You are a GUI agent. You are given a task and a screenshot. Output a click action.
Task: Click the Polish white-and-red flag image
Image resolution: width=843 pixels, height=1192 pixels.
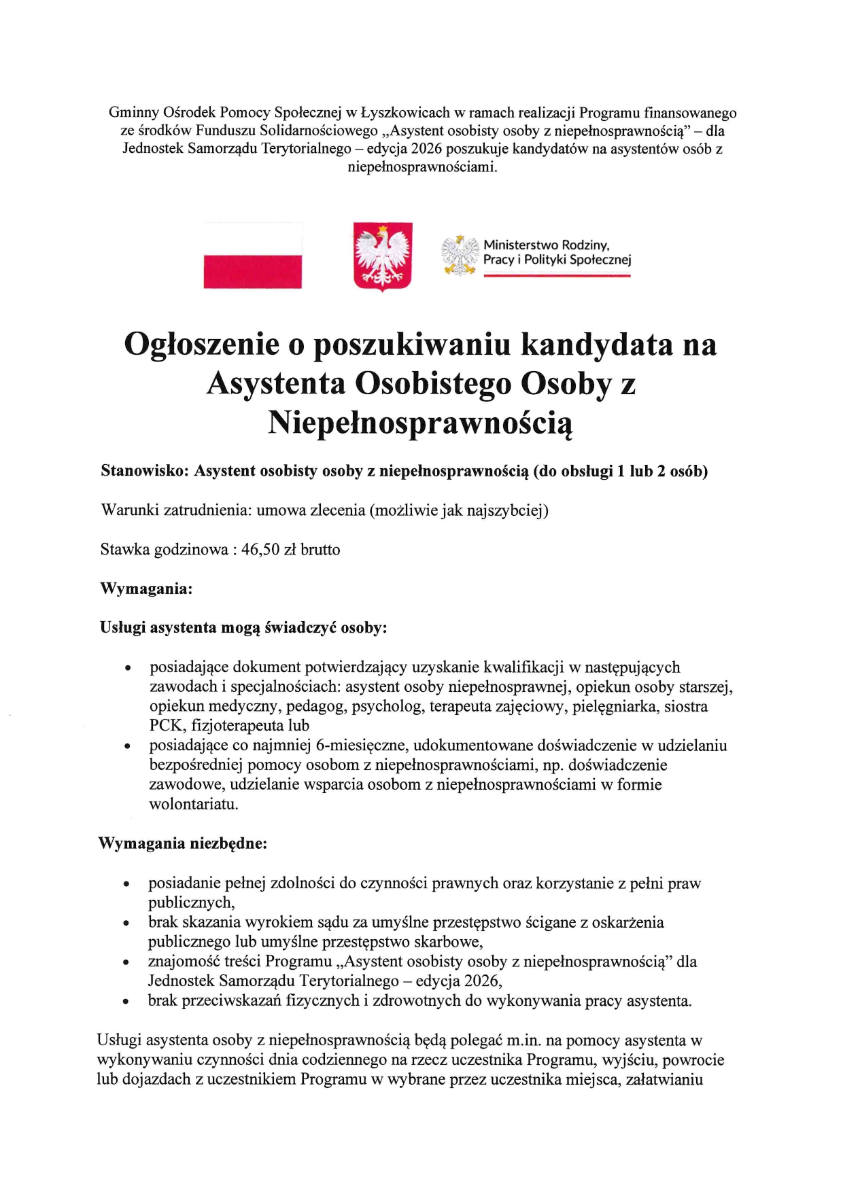pos(252,256)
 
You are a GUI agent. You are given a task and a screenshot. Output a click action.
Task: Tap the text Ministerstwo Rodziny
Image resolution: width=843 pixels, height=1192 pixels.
pos(546,245)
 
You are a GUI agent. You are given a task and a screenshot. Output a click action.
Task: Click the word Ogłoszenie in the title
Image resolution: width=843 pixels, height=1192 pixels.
pos(202,344)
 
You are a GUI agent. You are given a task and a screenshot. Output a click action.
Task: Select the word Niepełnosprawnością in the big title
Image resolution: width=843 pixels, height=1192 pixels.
pos(420,423)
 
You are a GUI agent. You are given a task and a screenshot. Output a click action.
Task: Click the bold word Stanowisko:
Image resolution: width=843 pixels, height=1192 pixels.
pos(144,471)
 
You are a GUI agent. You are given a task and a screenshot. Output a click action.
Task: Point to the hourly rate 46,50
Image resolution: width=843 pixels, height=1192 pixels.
pos(260,550)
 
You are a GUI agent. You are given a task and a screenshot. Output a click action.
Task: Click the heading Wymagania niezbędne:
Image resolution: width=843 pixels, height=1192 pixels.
pos(183,843)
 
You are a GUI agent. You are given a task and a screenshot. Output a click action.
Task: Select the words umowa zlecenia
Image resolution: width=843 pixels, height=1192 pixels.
pos(311,510)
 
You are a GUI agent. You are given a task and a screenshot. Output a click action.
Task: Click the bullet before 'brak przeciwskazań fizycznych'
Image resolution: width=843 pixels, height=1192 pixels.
pos(126,1002)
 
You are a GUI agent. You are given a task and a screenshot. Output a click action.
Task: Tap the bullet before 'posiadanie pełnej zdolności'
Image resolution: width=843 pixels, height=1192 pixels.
pos(126,885)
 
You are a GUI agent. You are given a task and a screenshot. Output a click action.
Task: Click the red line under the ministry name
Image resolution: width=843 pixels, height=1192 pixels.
pos(557,276)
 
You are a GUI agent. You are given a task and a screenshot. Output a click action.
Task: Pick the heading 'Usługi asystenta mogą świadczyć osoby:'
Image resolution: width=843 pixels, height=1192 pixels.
pos(243,628)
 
